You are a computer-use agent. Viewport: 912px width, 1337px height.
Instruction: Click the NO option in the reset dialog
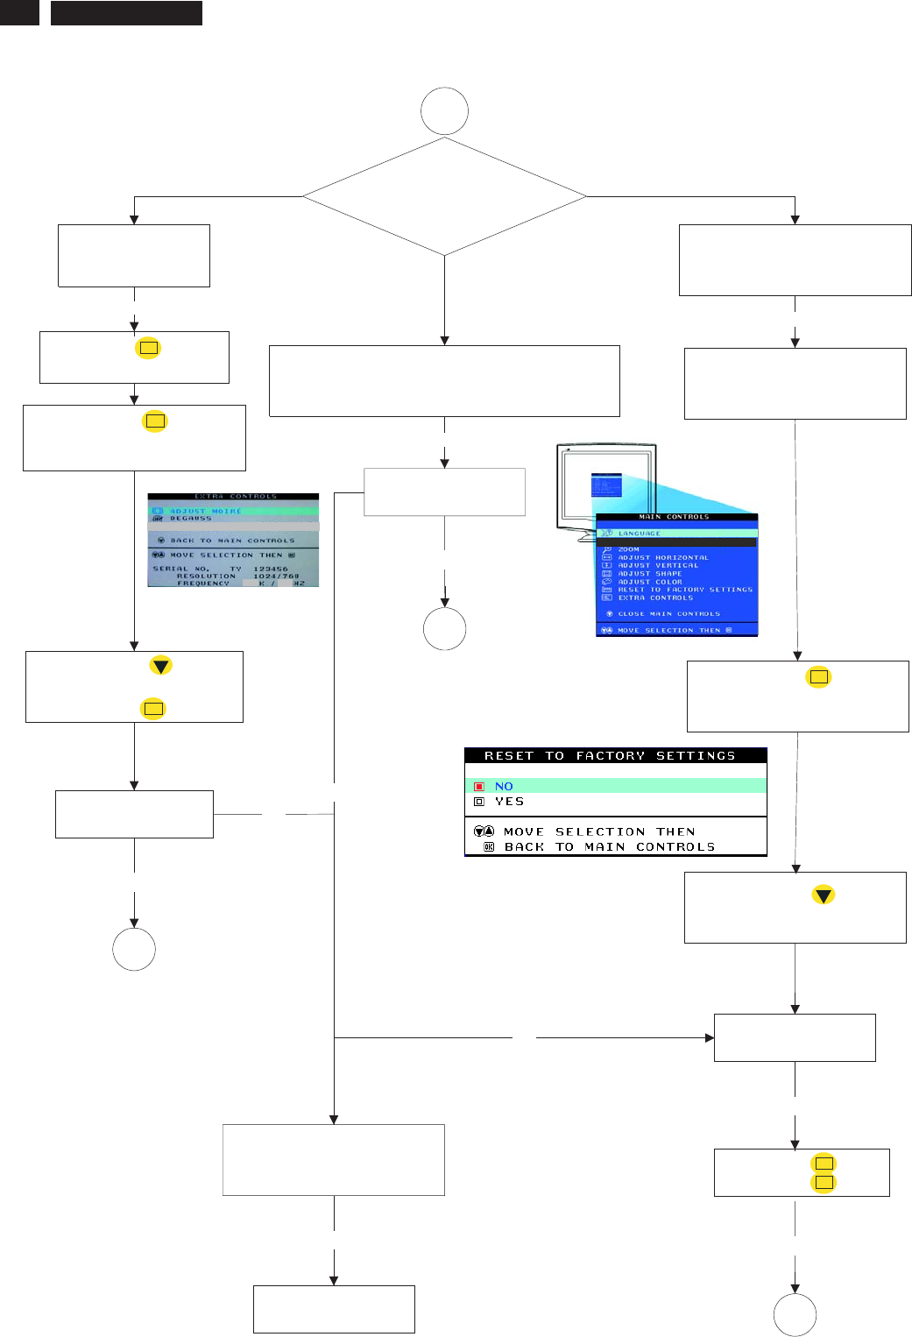point(504,786)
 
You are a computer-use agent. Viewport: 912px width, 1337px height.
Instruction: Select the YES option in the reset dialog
point(509,801)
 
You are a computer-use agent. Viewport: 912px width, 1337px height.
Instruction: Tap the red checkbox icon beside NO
point(478,787)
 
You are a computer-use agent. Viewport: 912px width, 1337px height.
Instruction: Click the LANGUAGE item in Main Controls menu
point(640,533)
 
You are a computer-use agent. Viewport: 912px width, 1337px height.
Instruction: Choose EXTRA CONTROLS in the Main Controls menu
point(655,598)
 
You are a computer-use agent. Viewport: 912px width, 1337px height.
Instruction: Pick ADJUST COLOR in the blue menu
point(649,582)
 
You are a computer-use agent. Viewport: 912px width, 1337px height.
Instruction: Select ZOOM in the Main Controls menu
point(628,549)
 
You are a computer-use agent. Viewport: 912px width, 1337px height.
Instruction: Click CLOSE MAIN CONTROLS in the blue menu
point(668,613)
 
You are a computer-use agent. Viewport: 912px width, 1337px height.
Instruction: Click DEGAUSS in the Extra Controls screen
point(190,519)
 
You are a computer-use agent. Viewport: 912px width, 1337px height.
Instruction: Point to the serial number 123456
point(271,569)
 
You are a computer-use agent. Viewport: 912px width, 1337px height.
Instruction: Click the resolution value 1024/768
point(276,576)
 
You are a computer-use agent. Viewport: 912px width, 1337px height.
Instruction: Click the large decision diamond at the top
point(444,196)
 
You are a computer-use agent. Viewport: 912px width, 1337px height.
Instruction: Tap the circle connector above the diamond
point(444,111)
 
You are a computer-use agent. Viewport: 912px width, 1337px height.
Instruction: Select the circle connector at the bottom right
point(795,1314)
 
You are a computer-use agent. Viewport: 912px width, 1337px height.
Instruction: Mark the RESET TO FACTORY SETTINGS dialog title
point(610,755)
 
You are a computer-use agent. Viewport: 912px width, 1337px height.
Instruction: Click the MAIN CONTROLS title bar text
point(674,517)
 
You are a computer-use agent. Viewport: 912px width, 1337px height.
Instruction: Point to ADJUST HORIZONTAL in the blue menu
point(663,557)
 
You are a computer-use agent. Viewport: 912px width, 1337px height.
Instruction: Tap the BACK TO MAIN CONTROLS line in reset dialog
point(609,846)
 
